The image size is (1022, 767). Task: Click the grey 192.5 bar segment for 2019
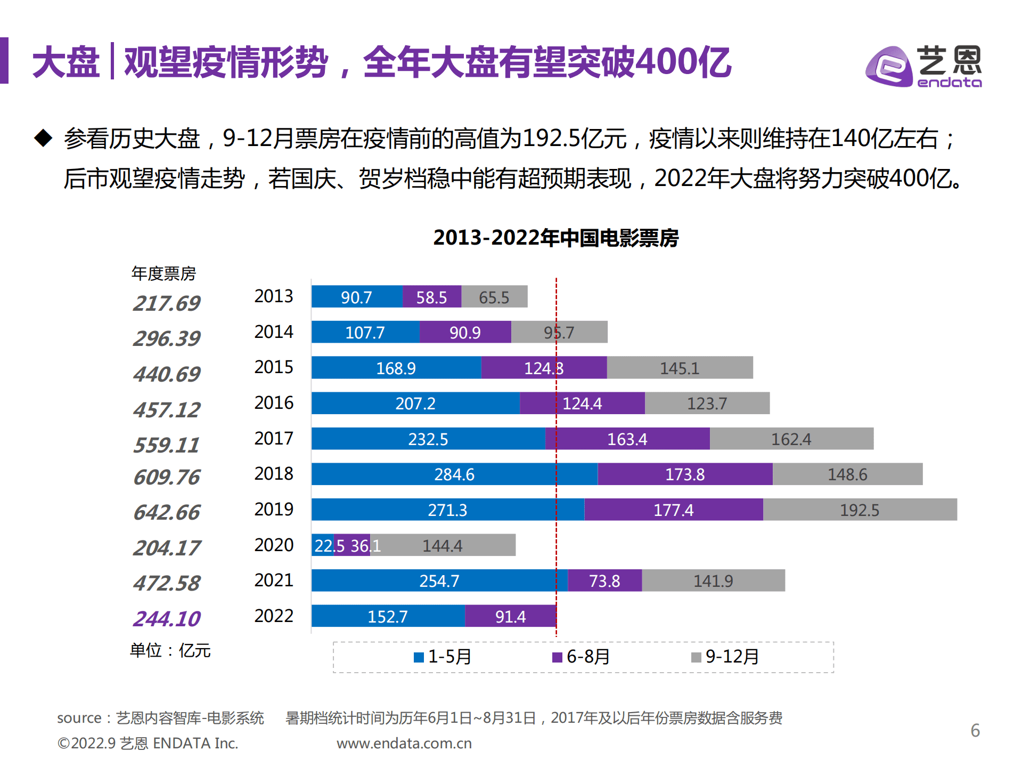[x=860, y=510]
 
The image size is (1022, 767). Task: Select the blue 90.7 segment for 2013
[x=356, y=297]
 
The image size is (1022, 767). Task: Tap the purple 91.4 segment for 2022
[x=510, y=616]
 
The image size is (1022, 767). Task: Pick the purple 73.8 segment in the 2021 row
[x=604, y=580]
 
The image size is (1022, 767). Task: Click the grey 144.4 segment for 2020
[x=443, y=545]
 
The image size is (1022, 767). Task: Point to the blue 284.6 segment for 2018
[x=454, y=474]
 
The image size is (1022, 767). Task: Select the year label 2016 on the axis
[x=274, y=402]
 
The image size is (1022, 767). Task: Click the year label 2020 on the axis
[x=274, y=545]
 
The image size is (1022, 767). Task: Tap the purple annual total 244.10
[x=167, y=619]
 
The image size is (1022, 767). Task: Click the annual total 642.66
[x=167, y=512]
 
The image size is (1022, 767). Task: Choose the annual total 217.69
[x=167, y=303]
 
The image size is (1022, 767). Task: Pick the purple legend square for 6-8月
[x=557, y=657]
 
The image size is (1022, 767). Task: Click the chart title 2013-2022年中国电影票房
[x=555, y=238]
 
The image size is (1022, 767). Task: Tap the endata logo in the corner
[x=923, y=67]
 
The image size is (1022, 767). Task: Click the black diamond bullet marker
[x=43, y=138]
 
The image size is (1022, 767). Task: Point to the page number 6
[x=975, y=730]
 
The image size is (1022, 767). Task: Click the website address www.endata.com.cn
[x=404, y=744]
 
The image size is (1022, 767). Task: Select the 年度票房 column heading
[x=163, y=273]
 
